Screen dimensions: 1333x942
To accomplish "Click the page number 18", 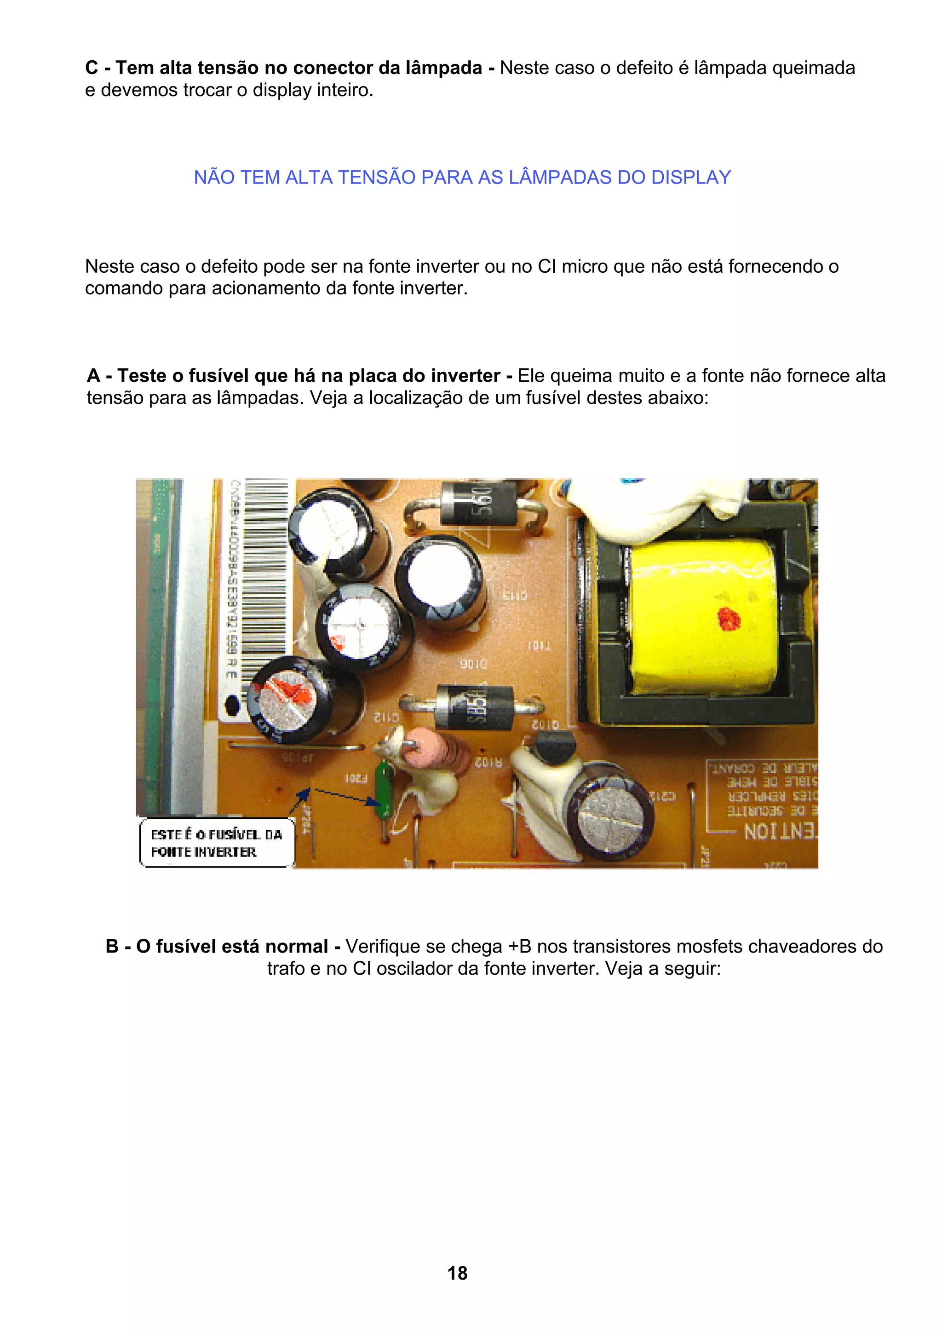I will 457,1273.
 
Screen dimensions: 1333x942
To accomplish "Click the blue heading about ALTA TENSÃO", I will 462,177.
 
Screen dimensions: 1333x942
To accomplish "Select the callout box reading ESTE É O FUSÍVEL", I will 217,843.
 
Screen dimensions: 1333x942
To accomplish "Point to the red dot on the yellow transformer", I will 729,619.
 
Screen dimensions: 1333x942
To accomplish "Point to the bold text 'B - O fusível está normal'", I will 223,946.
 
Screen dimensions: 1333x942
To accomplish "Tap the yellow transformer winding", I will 702,615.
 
